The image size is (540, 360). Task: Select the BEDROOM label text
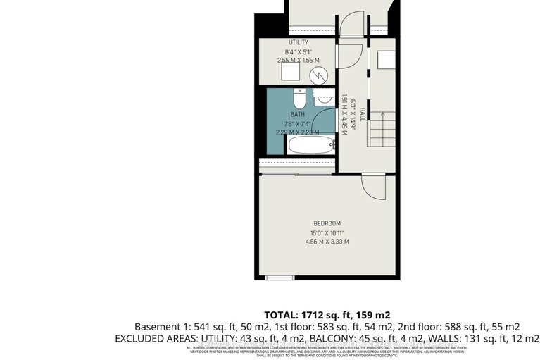tap(327, 223)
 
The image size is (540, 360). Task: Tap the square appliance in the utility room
tap(289, 72)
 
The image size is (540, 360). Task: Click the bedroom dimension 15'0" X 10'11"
tap(327, 233)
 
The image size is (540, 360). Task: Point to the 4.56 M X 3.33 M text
tap(327, 242)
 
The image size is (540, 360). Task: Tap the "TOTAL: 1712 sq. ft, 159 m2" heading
tap(327, 315)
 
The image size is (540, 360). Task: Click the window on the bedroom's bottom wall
tap(279, 277)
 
